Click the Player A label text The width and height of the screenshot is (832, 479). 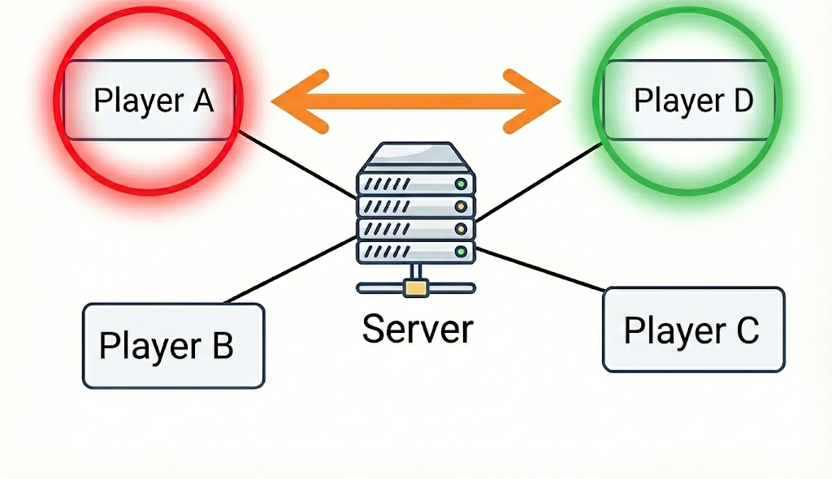[x=153, y=101]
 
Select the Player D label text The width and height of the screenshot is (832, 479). [x=693, y=101]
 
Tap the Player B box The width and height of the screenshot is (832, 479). [x=173, y=346]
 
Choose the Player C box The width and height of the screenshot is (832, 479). [x=693, y=330]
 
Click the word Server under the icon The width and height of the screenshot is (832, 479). [x=417, y=329]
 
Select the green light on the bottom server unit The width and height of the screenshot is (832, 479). [x=461, y=252]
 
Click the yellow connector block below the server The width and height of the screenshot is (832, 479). [x=416, y=287]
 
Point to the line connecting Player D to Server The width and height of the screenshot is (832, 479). [x=540, y=182]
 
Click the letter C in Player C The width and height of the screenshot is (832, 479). [x=747, y=330]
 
